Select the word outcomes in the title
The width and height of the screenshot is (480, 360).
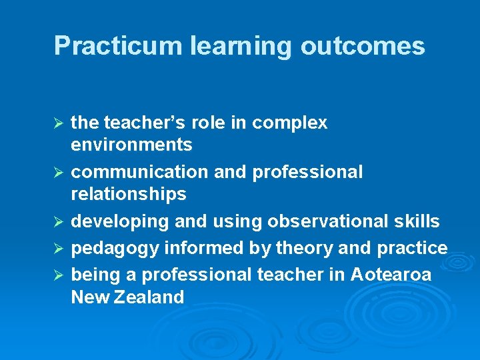363,46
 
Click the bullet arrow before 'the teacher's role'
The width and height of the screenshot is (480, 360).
58,123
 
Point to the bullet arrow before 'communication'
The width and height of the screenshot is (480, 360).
58,173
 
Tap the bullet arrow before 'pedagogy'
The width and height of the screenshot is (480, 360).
58,249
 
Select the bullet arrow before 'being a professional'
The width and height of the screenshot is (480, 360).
58,275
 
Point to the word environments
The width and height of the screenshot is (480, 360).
131,145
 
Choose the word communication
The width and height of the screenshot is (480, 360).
140,172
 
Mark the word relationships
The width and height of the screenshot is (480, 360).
129,194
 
